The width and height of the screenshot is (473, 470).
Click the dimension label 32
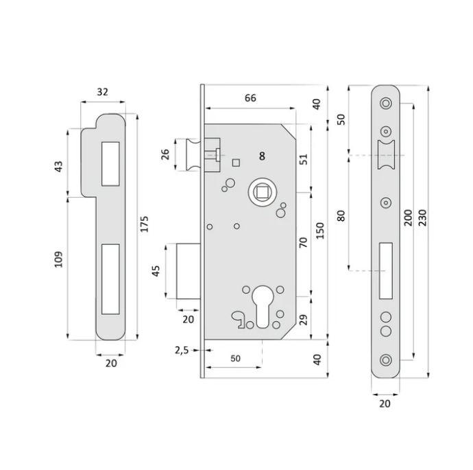pyautogui.click(x=103, y=92)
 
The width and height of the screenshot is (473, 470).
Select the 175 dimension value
pyautogui.click(x=145, y=224)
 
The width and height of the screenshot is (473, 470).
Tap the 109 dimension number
pyautogui.click(x=58, y=259)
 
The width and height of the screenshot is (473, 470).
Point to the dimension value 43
pyautogui.click(x=58, y=167)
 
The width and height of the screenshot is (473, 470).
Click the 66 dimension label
pyautogui.click(x=250, y=98)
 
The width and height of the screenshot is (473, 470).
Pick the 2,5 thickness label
pyautogui.click(x=182, y=350)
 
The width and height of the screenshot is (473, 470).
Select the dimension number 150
pyautogui.click(x=320, y=231)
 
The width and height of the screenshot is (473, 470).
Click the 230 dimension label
pyautogui.click(x=422, y=218)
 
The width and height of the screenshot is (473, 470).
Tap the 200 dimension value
pyautogui.click(x=408, y=218)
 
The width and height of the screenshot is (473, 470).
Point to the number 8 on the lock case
pyautogui.click(x=262, y=156)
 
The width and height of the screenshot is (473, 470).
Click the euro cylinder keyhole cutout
pyautogui.click(x=263, y=307)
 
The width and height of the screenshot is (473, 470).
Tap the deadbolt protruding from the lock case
pyautogui.click(x=189, y=271)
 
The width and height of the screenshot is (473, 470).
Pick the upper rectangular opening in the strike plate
pyautogui.click(x=110, y=163)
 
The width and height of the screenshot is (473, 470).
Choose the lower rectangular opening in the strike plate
pyautogui.click(x=110, y=279)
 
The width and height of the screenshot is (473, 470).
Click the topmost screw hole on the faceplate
pyautogui.click(x=386, y=103)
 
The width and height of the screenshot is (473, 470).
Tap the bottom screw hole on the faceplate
pyautogui.click(x=386, y=360)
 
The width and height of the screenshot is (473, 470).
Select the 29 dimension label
pyautogui.click(x=304, y=320)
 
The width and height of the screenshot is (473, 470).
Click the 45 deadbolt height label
pyautogui.click(x=156, y=271)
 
